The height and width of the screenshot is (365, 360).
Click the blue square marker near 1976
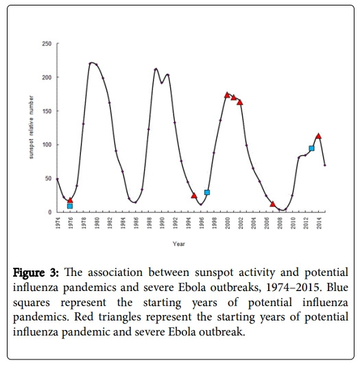[70, 205]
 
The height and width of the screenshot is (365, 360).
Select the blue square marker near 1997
[207, 192]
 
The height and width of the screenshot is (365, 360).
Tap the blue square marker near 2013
[311, 148]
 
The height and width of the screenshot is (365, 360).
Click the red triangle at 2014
[318, 136]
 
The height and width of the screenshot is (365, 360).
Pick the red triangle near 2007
[273, 203]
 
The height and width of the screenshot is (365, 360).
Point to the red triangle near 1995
[194, 195]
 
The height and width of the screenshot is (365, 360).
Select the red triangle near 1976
[70, 199]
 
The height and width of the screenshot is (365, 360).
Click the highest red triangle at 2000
[227, 95]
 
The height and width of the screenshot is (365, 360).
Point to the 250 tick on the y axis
[47, 44]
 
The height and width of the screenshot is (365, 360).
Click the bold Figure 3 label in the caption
[35, 270]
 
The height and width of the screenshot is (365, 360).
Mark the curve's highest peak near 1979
[91, 63]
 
